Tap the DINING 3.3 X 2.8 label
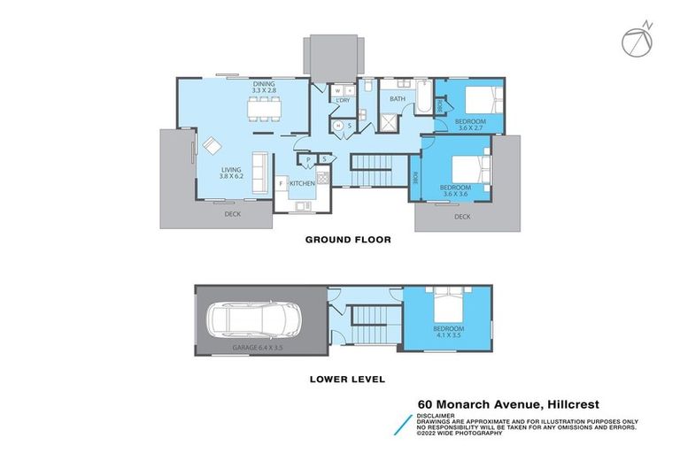(x=265, y=87)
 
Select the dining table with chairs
(x=265, y=110)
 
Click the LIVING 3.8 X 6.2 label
(x=231, y=173)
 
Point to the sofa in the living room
(x=260, y=173)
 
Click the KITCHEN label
(x=302, y=183)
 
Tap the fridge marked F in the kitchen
(x=282, y=184)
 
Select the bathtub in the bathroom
(x=425, y=99)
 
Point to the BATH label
(x=397, y=99)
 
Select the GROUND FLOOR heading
(x=347, y=239)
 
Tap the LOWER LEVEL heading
(x=346, y=380)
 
